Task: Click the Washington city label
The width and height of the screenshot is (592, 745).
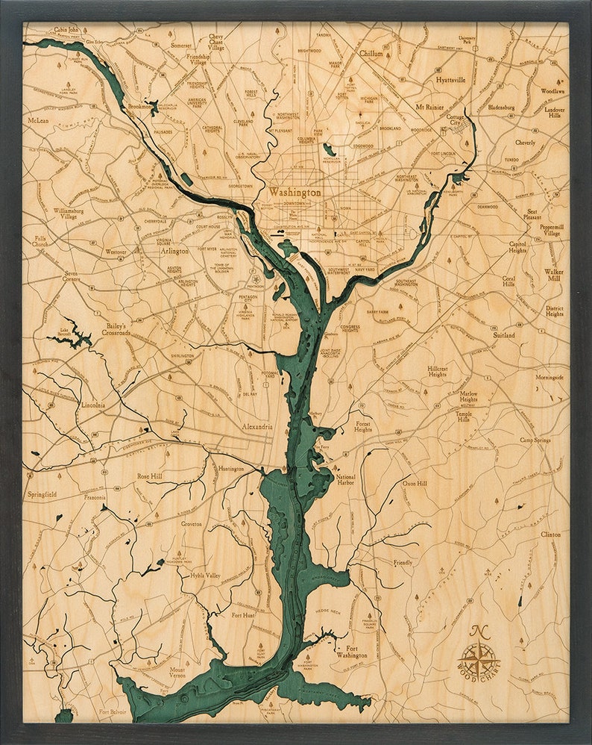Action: [295, 192]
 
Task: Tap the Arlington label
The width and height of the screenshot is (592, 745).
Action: [174, 252]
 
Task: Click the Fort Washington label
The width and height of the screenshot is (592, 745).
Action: [351, 652]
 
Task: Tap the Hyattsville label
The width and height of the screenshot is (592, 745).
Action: [450, 79]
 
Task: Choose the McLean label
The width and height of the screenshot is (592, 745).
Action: [38, 120]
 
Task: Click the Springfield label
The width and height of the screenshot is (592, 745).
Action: [42, 494]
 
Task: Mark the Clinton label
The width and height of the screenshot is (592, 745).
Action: [550, 534]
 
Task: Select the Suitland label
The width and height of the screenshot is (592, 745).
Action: [503, 336]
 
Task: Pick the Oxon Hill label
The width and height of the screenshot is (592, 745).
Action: [415, 483]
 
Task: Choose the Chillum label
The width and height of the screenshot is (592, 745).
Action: [371, 54]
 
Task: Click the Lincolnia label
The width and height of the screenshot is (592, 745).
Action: [93, 405]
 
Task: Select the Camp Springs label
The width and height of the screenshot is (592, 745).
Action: [535, 440]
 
